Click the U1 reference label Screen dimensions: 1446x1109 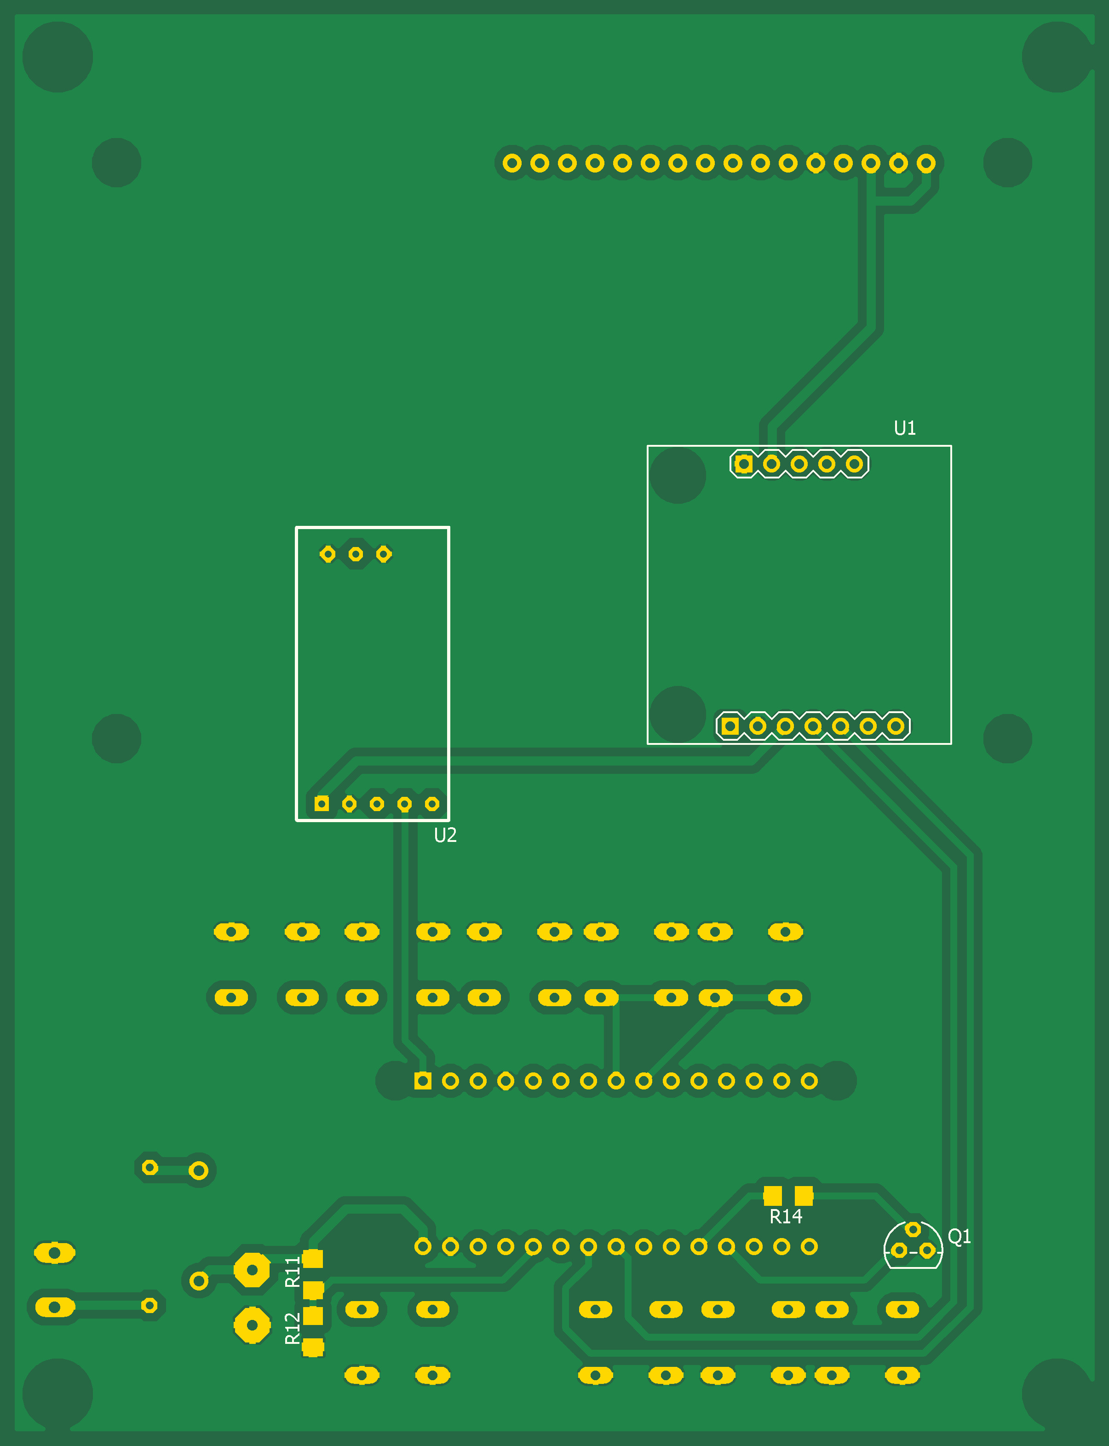click(904, 428)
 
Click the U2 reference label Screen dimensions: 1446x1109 click(445, 835)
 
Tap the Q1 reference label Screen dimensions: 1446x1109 click(959, 1236)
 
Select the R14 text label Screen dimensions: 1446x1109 click(786, 1216)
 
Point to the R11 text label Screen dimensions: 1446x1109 click(293, 1272)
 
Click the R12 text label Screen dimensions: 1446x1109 click(293, 1329)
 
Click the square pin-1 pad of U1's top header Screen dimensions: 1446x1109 click(743, 464)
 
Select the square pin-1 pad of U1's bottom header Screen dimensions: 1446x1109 click(730, 726)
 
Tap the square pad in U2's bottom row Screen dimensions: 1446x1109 click(322, 804)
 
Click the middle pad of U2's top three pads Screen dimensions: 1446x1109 click(355, 554)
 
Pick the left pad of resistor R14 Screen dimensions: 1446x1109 click(772, 1195)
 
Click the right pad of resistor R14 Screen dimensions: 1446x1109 click(804, 1195)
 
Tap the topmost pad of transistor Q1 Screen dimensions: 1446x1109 click(912, 1229)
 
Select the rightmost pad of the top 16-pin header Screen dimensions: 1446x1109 click(925, 163)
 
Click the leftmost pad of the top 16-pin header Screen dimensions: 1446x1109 click(511, 163)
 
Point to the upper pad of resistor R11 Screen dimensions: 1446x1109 click(313, 1258)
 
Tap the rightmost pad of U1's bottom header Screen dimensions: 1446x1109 click(895, 726)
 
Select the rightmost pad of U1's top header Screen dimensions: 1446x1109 click(854, 464)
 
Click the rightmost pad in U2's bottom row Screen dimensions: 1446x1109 click(432, 804)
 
